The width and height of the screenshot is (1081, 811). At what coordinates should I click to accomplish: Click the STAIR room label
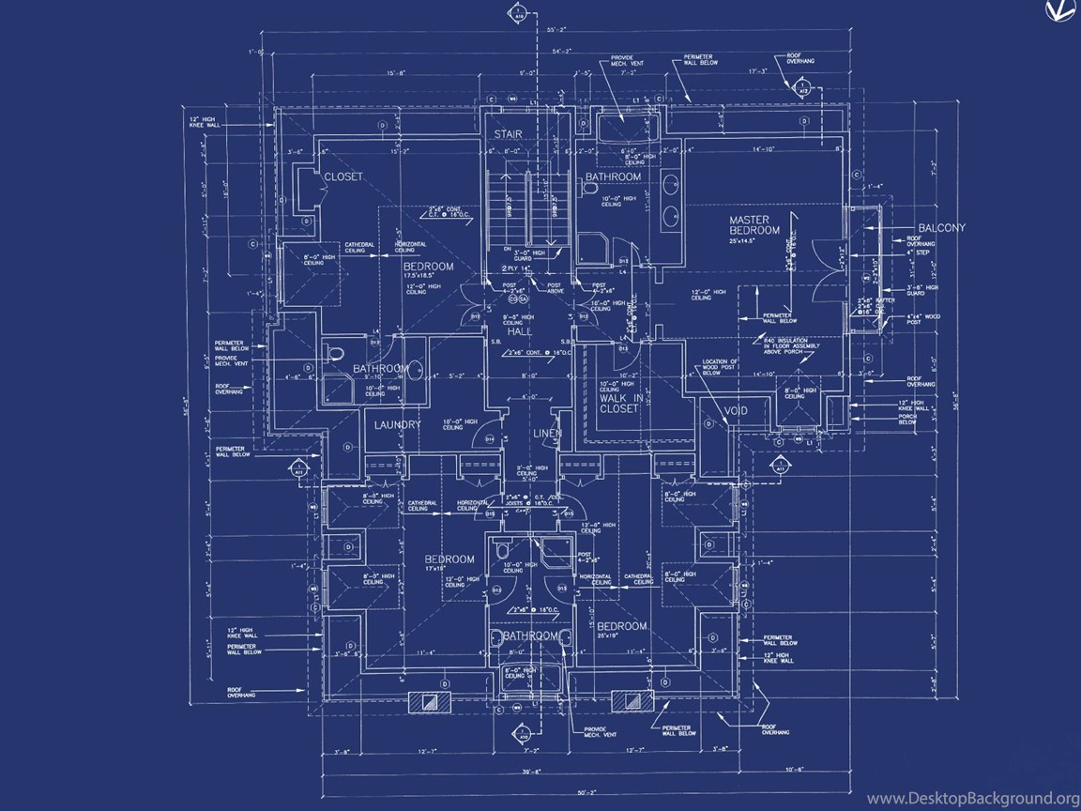tap(508, 134)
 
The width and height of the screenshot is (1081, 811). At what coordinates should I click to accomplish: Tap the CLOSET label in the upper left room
tap(343, 176)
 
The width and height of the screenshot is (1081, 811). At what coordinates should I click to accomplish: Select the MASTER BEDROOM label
tap(754, 225)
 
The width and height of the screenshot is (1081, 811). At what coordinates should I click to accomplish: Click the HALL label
tap(520, 332)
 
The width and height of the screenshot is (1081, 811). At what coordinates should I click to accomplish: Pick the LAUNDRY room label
tap(398, 425)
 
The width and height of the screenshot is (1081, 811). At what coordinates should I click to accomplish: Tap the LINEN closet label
tap(547, 434)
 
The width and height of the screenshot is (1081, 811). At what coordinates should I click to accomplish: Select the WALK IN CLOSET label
tap(621, 404)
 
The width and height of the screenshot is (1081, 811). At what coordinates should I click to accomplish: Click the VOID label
tap(735, 411)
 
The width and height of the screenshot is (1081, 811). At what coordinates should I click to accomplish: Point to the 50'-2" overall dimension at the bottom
tap(535, 794)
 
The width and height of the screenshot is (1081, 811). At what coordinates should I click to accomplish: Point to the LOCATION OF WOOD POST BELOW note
tap(721, 366)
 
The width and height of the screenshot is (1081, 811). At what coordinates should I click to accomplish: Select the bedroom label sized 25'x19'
tap(621, 630)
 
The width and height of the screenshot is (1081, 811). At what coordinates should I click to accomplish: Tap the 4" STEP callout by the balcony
tap(916, 252)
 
